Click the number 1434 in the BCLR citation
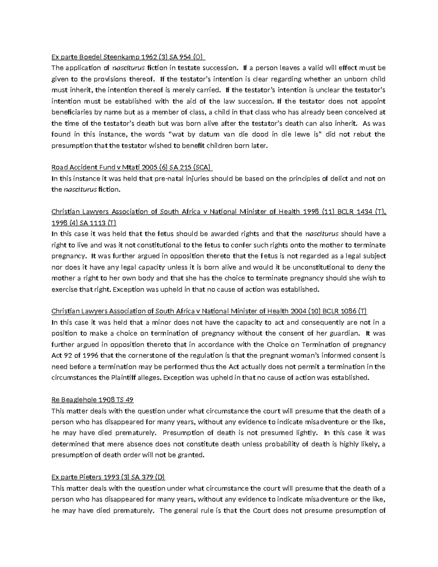tap(362, 212)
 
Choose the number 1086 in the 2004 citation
tap(347, 311)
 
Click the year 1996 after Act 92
tap(89, 356)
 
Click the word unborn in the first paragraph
tap(350, 79)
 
